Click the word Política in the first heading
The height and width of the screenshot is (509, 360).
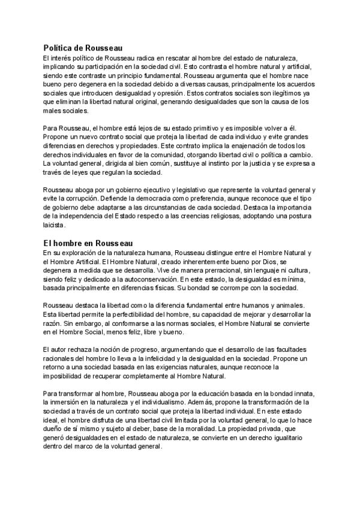(58, 47)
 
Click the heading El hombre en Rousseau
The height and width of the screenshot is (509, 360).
(88, 242)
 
